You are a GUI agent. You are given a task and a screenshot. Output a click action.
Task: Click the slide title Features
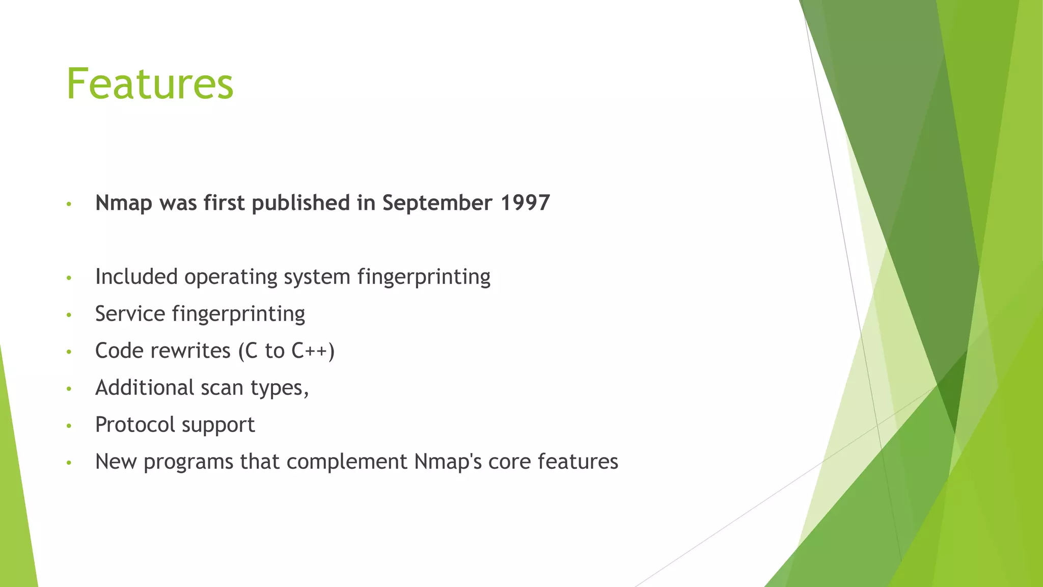[x=150, y=84]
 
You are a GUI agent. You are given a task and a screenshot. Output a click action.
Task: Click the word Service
[x=130, y=314]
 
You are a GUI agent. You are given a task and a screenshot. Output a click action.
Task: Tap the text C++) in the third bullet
[x=313, y=351]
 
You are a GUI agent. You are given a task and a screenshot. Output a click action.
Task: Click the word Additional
[x=145, y=388]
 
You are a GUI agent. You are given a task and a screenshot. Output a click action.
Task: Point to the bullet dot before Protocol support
[x=69, y=425]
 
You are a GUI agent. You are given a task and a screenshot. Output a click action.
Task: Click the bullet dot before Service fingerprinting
[x=69, y=315]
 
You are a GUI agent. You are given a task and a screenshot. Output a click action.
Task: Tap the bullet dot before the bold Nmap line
[x=69, y=204]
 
